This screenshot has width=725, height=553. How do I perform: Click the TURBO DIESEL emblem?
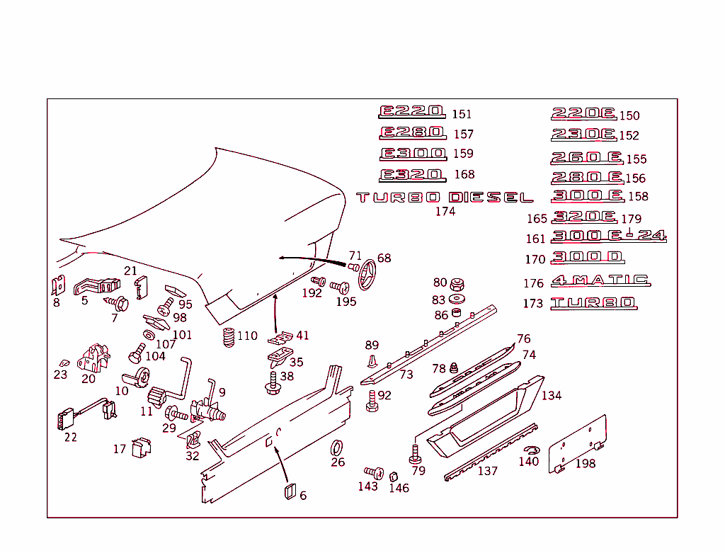pos(445,198)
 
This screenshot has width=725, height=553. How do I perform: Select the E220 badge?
pos(412,112)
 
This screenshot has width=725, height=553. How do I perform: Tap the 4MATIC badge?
pos(600,280)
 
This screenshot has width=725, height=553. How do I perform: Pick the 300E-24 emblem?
pos(608,236)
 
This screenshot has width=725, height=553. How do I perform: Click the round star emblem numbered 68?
pos(368,275)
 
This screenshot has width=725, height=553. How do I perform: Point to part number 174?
pos(445,211)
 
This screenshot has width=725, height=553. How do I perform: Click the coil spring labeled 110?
pos(228,338)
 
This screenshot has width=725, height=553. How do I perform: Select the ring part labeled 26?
pos(338,447)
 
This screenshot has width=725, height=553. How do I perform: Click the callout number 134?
pos(551,395)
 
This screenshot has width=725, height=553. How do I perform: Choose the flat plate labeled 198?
pos(579,445)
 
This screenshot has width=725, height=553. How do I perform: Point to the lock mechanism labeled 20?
pos(93,358)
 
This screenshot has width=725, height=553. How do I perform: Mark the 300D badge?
pos(587,258)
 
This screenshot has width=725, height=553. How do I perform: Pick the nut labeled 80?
pos(457,283)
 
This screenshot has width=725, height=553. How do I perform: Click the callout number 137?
pos(487,471)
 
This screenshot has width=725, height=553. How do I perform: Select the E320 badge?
pos(412,175)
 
